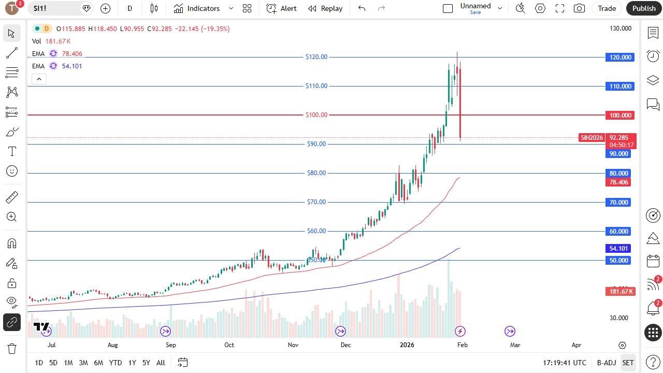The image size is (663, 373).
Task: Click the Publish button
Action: pyautogui.click(x=644, y=8)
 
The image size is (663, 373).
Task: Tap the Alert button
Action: pyautogui.click(x=282, y=8)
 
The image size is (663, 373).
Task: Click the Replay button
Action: pyautogui.click(x=325, y=8)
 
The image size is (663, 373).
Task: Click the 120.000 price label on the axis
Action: pyautogui.click(x=620, y=58)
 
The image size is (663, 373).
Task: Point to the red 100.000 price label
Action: pyautogui.click(x=620, y=116)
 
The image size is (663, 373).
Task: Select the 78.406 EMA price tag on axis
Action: pyautogui.click(x=618, y=182)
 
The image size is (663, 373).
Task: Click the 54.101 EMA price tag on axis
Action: pyautogui.click(x=618, y=249)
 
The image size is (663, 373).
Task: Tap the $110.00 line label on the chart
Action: pyautogui.click(x=316, y=86)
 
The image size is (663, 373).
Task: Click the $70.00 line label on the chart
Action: pyautogui.click(x=316, y=202)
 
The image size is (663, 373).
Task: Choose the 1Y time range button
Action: pyautogui.click(x=132, y=363)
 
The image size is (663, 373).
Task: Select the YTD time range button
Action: pyautogui.click(x=116, y=363)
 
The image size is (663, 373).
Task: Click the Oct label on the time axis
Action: pyautogui.click(x=229, y=345)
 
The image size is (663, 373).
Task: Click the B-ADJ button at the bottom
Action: pyautogui.click(x=606, y=363)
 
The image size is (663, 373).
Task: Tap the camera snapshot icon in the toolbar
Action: pyautogui.click(x=579, y=8)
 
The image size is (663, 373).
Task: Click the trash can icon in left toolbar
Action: pyautogui.click(x=11, y=348)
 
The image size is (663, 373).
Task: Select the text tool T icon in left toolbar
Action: pyautogui.click(x=12, y=151)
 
